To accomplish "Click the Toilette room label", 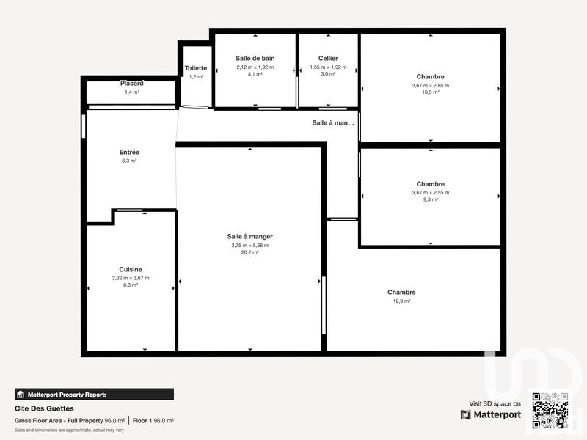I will coord(196,68).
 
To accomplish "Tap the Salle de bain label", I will coord(255,58).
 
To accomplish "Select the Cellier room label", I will coord(328,58).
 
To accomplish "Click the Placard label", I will coord(132,84).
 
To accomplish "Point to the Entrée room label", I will coord(129,153).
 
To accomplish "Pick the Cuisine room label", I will coord(131,270).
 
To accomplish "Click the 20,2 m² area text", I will coord(250,252).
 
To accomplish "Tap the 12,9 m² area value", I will coord(401,301).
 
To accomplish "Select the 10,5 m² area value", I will coord(431,92).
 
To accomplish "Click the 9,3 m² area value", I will coord(431,199).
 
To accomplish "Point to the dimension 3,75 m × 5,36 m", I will coord(250,245).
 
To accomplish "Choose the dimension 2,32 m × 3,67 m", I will coord(131,278).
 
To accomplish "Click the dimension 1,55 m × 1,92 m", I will coord(328,67).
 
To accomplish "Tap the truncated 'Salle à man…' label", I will coord(333,123).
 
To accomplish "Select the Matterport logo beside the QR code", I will coord(491,415).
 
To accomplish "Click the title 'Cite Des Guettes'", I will coord(44,408).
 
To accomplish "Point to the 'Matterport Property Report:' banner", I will coord(94,394).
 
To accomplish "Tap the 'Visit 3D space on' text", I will coord(495,403).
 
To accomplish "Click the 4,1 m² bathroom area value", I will coord(255,74).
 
